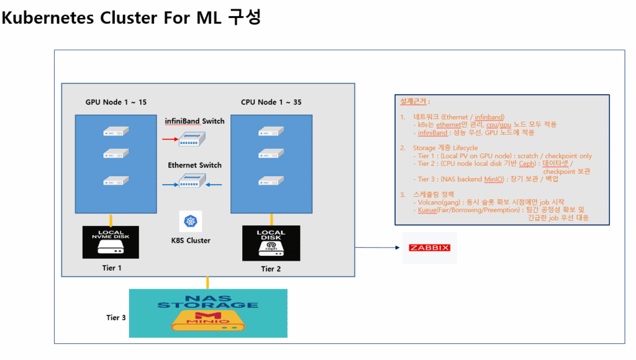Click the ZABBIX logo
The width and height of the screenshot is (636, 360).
pos(429,248)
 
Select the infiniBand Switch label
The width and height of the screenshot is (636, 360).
pos(194,121)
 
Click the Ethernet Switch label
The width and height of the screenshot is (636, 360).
pos(194,165)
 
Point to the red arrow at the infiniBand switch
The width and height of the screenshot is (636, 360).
pos(170,139)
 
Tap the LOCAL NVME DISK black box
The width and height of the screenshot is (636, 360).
pos(111,242)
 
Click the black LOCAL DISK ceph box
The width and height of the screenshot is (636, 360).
pos(271,243)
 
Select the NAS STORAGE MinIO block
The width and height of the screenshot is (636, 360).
pos(208,313)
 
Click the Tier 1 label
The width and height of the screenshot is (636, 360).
pos(112,267)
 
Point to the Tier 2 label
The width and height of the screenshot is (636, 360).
pos(272,269)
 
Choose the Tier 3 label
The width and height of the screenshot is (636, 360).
pos(116,318)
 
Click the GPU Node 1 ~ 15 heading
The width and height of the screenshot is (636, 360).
pos(116,102)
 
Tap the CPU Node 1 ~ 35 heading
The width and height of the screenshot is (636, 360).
pos(271,102)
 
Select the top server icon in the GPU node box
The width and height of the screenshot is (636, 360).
pos(116,132)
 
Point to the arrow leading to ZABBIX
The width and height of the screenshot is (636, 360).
pos(376,248)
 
